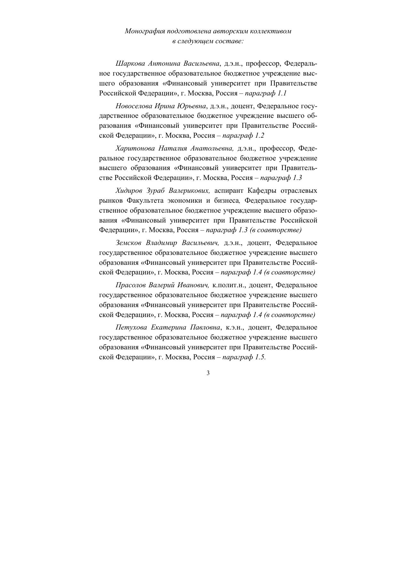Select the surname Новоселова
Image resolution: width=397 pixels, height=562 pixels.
(x=133, y=106)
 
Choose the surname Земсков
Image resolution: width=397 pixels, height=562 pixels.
(x=129, y=243)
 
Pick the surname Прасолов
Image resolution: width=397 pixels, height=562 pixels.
(x=131, y=285)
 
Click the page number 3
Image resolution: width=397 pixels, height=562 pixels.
(x=208, y=373)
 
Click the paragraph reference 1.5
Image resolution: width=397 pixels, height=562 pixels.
(x=261, y=357)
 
